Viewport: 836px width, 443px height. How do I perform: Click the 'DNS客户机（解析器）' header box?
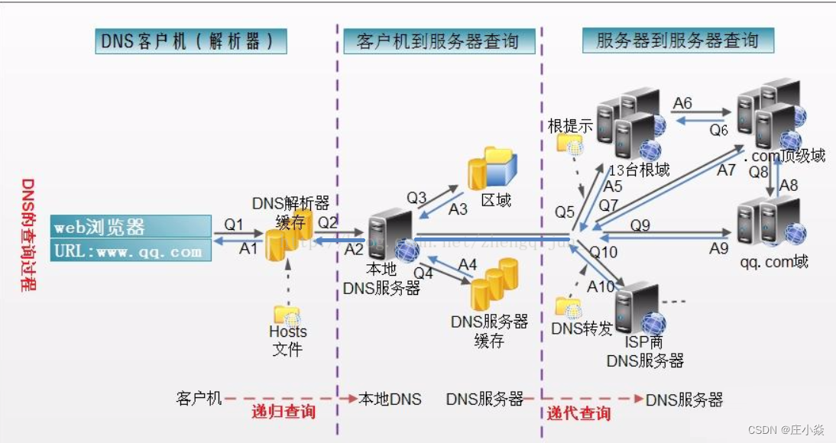tap(192, 41)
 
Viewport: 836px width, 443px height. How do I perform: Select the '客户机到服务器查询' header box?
tap(437, 41)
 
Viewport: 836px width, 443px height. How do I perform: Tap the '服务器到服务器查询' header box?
tap(677, 40)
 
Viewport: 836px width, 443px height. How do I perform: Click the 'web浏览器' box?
tap(131, 227)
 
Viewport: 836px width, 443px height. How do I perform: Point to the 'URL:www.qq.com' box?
tap(131, 251)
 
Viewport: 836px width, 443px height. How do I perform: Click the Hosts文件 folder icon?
tap(287, 314)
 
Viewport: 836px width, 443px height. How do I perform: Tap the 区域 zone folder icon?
tap(492, 168)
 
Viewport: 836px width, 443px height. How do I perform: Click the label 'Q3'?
tap(416, 198)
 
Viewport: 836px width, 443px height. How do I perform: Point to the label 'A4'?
tap(468, 264)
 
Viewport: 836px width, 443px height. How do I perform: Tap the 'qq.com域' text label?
tap(773, 261)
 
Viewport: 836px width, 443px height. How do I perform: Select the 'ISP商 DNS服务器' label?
tap(644, 351)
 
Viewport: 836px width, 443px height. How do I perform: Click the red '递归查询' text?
tap(284, 412)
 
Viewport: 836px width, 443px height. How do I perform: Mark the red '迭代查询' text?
tap(578, 413)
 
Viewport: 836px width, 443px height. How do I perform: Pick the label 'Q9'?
tap(640, 225)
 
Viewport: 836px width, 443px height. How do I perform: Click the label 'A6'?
tap(682, 102)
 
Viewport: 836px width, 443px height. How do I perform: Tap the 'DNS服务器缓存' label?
tap(489, 331)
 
